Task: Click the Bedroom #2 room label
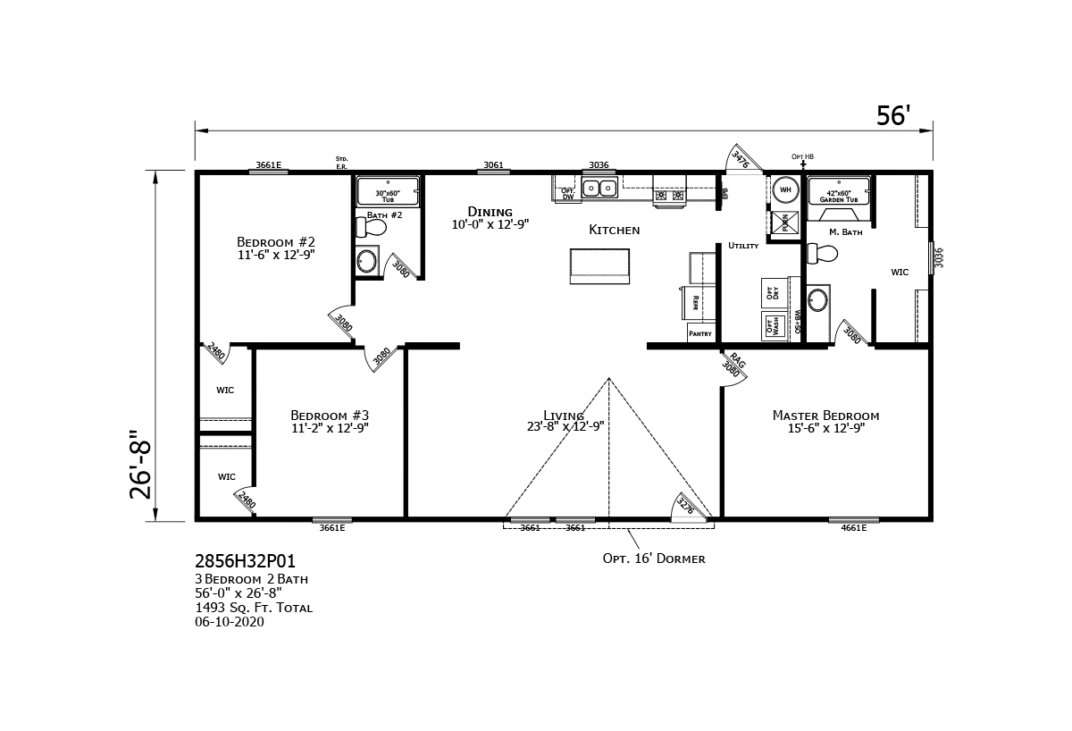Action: [x=275, y=242]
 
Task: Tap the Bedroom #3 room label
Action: [x=329, y=416]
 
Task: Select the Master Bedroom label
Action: [x=825, y=416]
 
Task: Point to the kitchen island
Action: [x=599, y=266]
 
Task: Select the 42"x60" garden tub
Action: [x=838, y=192]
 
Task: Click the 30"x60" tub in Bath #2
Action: [x=388, y=192]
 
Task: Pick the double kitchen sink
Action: [x=599, y=188]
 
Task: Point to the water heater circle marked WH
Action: [x=785, y=189]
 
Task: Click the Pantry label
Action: [x=700, y=333]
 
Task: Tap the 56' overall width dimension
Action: [x=892, y=116]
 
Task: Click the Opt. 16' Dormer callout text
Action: [x=654, y=559]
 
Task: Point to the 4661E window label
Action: [x=853, y=528]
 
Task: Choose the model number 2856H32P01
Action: [x=244, y=562]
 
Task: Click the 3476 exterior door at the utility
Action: [x=741, y=159]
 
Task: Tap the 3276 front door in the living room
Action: [x=686, y=506]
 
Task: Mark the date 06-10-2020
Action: [x=230, y=622]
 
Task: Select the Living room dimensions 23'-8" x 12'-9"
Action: [x=565, y=427]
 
